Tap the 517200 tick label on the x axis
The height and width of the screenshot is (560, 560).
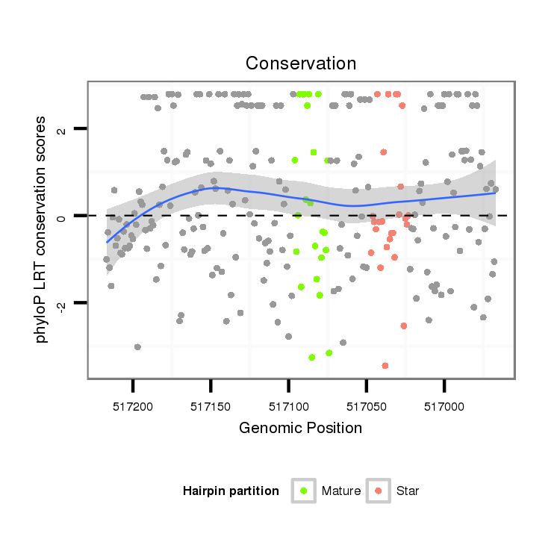pos(133,408)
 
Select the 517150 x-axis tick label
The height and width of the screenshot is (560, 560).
pos(211,408)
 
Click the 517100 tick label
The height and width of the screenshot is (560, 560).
pos(288,408)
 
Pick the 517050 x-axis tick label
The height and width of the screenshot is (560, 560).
pos(366,408)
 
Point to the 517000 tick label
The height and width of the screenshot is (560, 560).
pos(444,408)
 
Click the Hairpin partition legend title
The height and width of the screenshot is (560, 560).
pos(231,491)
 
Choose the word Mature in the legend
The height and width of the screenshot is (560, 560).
pos(341,491)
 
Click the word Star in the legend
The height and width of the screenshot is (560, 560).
pos(408,491)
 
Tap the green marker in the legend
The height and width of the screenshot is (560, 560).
pos(304,491)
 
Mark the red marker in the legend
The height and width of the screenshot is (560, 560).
pos(379,491)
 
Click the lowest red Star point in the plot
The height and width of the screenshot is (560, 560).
pos(385,366)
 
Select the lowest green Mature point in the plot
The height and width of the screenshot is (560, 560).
pos(311,358)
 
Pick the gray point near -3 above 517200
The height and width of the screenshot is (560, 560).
pos(137,347)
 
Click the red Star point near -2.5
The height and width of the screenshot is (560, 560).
pos(404,326)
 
